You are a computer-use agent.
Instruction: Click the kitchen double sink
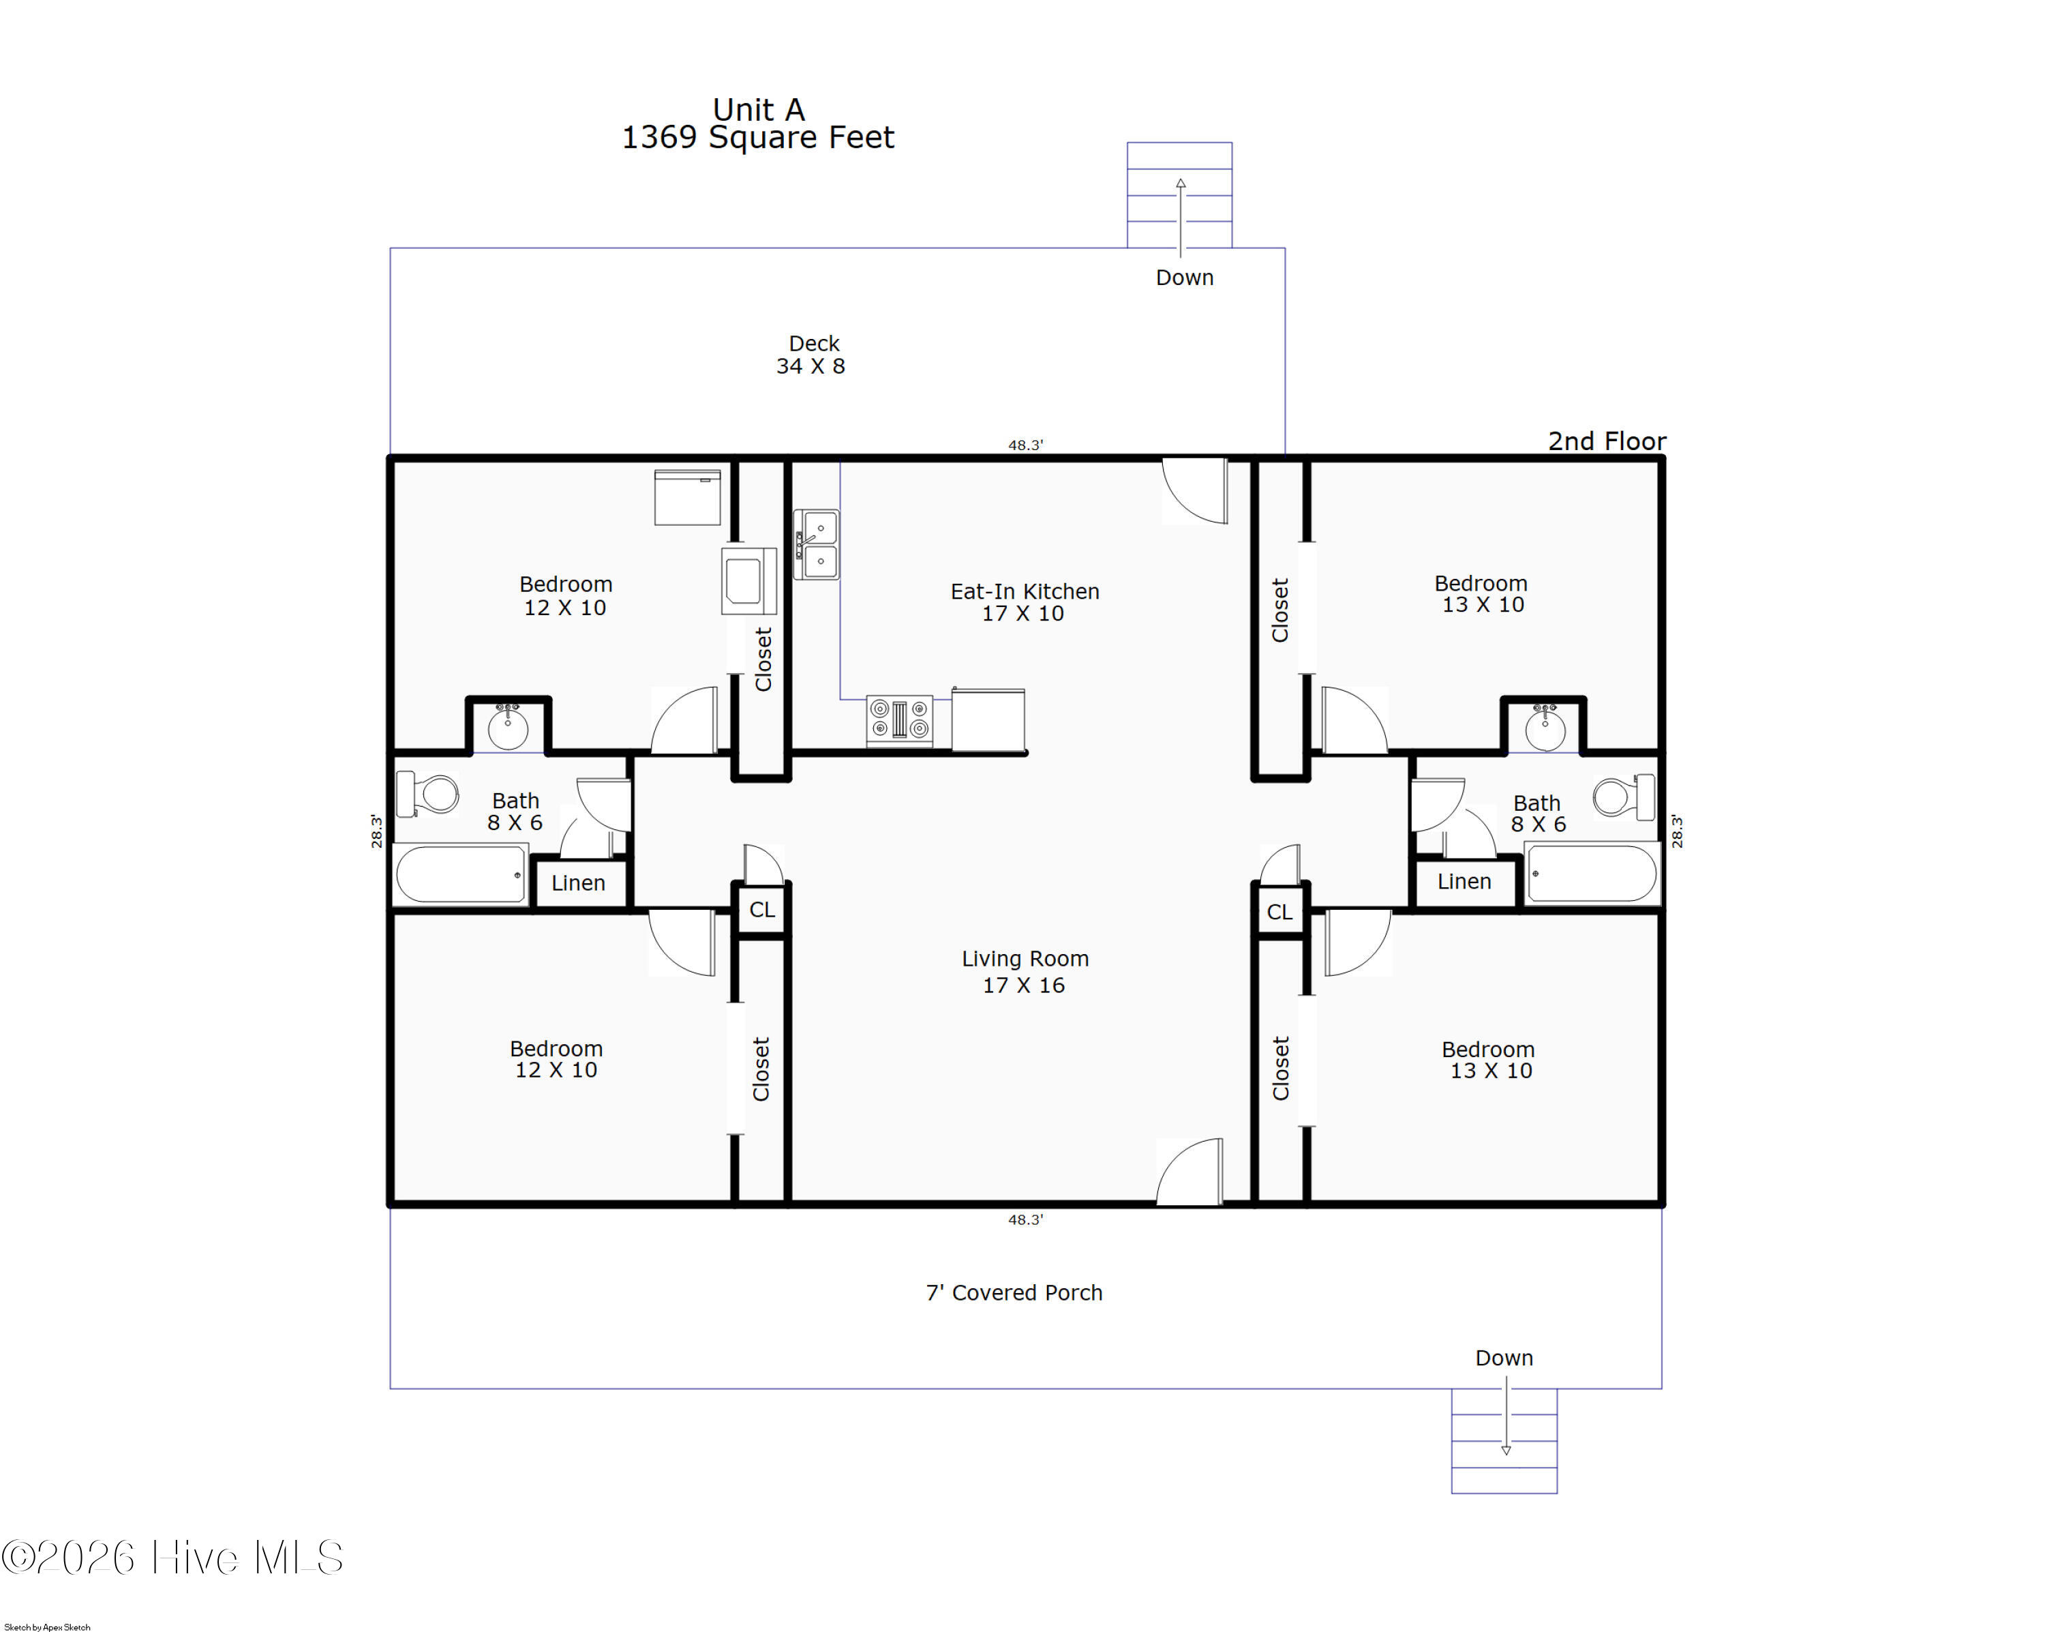(x=816, y=545)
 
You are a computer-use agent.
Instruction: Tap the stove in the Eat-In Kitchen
(x=898, y=720)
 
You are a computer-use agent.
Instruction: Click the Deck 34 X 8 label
(x=812, y=355)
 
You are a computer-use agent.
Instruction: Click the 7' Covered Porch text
(x=1014, y=1292)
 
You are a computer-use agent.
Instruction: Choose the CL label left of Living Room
(x=761, y=910)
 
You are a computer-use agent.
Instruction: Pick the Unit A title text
(x=758, y=109)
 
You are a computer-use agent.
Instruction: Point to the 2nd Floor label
(x=1607, y=441)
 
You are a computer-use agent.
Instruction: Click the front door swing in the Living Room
(x=1190, y=1172)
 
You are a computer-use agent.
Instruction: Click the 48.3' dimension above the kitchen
(x=1025, y=445)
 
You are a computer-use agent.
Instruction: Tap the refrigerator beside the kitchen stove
(x=988, y=720)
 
